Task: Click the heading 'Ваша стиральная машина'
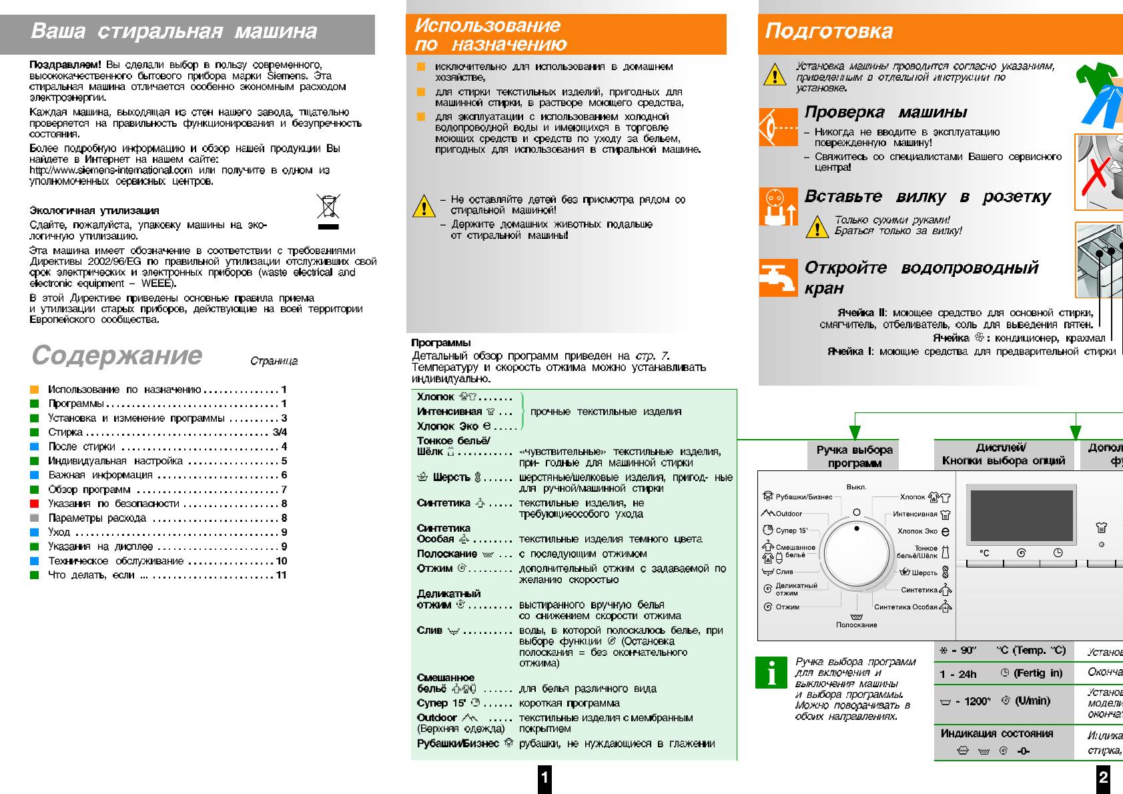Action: click(174, 31)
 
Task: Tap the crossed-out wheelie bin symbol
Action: click(328, 208)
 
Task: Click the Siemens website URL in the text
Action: click(111, 170)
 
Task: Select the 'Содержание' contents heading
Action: click(117, 355)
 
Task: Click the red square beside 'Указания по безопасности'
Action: click(35, 504)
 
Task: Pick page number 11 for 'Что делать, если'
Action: click(282, 575)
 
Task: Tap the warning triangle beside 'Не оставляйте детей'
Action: click(424, 206)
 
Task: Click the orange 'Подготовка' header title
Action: click(829, 31)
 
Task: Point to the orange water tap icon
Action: click(778, 277)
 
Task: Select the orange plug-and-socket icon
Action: click(778, 206)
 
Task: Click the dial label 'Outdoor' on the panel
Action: click(788, 514)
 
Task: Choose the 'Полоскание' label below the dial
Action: click(857, 625)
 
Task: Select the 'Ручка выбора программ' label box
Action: click(855, 456)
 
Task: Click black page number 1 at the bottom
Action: click(544, 777)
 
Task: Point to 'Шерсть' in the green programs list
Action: click(451, 478)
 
